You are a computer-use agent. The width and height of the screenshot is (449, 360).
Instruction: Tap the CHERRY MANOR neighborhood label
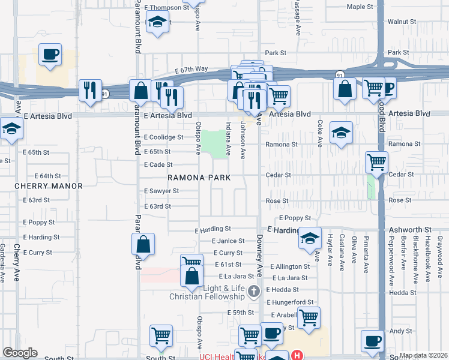tap(49, 186)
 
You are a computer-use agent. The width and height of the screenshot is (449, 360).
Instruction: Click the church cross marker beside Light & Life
tap(254, 292)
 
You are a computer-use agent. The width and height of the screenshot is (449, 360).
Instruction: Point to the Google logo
tap(20, 353)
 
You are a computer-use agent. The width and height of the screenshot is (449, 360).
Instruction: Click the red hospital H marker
tap(296, 355)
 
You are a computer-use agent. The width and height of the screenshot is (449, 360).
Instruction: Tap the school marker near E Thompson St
tap(157, 23)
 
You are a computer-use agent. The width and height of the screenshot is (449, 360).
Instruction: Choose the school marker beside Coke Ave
tap(341, 133)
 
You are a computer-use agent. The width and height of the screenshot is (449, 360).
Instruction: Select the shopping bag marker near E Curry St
tap(143, 245)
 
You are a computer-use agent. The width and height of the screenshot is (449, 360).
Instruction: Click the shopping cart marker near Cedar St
tap(376, 161)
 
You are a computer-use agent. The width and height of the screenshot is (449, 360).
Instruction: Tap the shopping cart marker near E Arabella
tap(309, 317)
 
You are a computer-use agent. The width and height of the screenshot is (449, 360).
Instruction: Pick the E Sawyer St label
tap(161, 191)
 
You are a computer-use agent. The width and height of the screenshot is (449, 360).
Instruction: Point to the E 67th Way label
tap(191, 69)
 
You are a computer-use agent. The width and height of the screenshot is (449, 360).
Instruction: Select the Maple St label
tap(360, 7)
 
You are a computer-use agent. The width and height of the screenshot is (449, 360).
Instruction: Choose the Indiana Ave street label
tap(229, 139)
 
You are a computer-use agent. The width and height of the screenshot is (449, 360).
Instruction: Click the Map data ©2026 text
tap(423, 355)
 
